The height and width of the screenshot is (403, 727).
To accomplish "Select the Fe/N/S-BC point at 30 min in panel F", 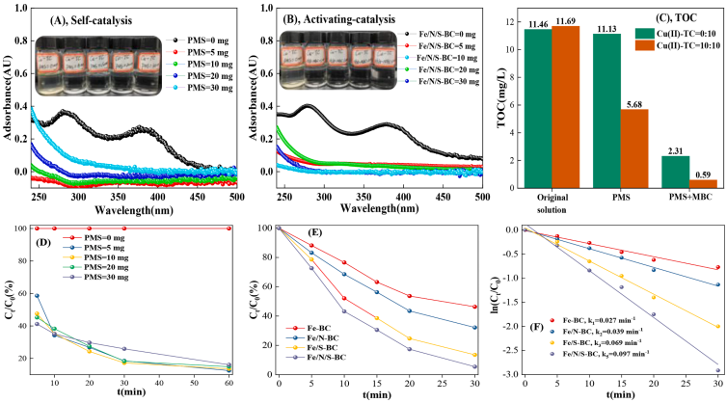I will pyautogui.click(x=716, y=370).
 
